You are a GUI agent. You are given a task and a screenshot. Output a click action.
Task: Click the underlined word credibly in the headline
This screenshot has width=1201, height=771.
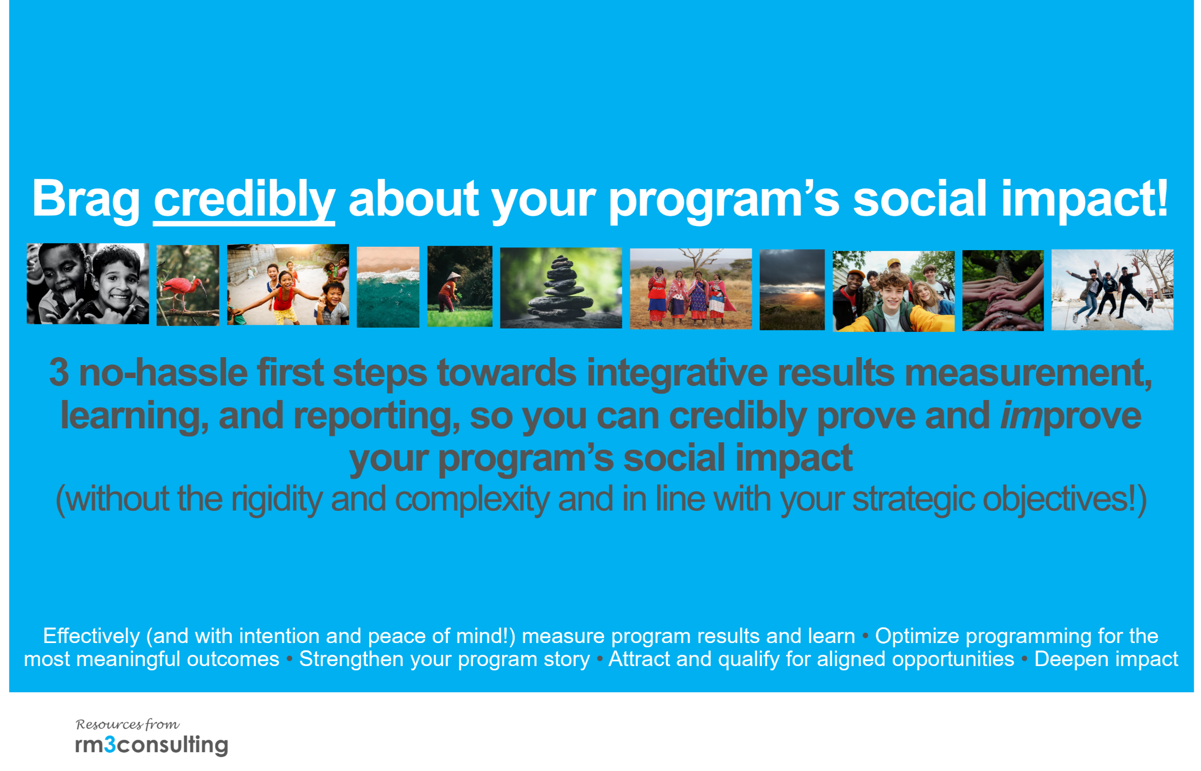(244, 199)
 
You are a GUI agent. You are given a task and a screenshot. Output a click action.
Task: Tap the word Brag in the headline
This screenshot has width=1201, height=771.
(86, 199)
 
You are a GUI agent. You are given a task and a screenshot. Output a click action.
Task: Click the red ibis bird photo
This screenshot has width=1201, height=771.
(188, 285)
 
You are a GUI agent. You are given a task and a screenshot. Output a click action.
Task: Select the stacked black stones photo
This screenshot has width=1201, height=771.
(561, 288)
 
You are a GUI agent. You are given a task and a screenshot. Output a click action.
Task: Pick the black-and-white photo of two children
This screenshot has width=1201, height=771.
(88, 284)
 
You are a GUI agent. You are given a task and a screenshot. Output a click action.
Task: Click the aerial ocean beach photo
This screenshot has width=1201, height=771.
(388, 287)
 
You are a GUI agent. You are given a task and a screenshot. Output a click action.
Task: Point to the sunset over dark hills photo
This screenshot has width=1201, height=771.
(792, 290)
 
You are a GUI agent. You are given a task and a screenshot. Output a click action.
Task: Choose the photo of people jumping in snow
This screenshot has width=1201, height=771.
(1113, 290)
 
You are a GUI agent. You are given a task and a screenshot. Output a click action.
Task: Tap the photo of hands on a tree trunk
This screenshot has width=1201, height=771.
(1003, 291)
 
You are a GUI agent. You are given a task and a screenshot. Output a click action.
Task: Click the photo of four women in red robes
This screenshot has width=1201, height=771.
(691, 289)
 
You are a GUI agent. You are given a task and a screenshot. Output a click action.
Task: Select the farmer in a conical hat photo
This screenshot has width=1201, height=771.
(460, 286)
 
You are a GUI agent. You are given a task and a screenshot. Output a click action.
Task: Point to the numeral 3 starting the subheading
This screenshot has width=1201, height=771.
(59, 373)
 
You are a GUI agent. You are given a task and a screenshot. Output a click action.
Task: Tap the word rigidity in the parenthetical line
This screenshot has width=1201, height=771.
(277, 500)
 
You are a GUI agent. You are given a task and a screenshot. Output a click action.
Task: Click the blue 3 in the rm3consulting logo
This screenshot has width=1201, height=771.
(110, 744)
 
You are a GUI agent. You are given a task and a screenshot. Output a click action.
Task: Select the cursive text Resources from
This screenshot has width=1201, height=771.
(128, 724)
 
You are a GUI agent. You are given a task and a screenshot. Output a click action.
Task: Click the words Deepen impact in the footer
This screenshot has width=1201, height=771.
(1106, 659)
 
